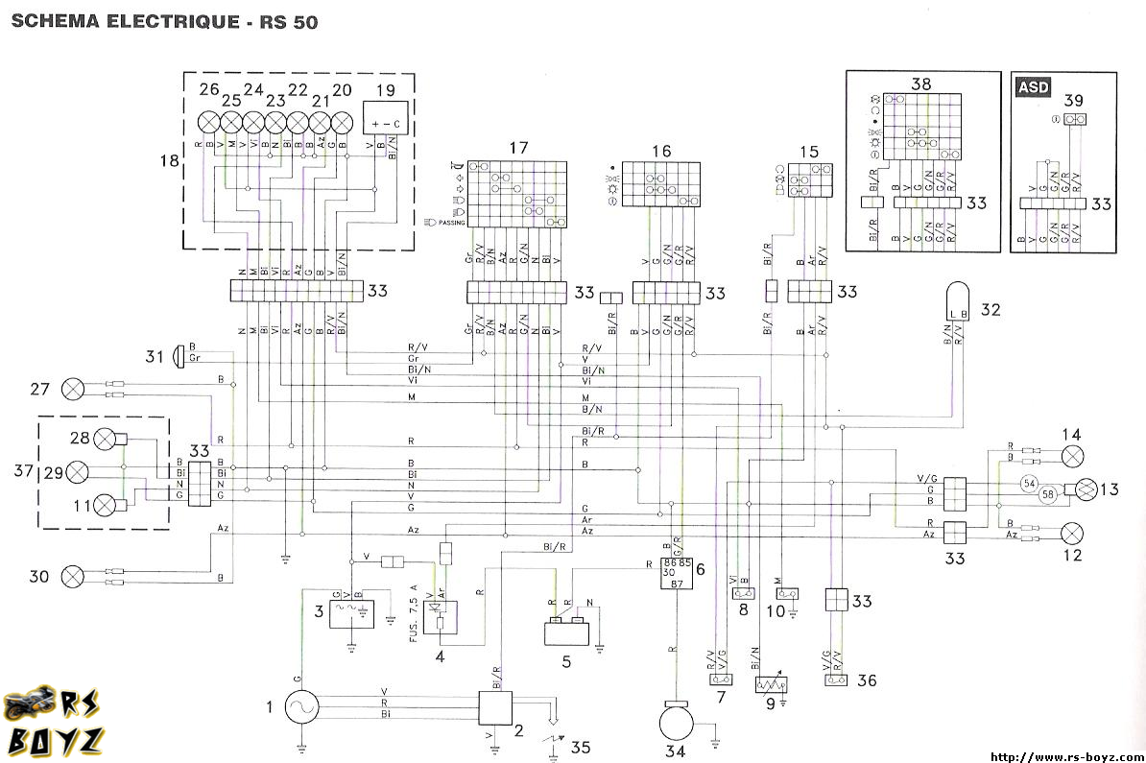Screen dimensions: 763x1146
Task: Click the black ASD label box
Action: pyautogui.click(x=1034, y=87)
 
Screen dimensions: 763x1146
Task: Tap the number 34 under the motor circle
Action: pyautogui.click(x=676, y=751)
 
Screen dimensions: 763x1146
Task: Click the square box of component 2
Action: pyautogui.click(x=496, y=708)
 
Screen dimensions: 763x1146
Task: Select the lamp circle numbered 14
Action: pyautogui.click(x=1072, y=455)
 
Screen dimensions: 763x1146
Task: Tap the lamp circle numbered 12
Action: pyautogui.click(x=1072, y=531)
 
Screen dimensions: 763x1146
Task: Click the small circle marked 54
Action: pyautogui.click(x=1029, y=483)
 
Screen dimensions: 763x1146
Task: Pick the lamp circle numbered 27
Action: pyautogui.click(x=73, y=389)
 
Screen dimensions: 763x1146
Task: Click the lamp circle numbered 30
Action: pyautogui.click(x=73, y=577)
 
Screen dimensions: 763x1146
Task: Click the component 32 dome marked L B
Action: pyautogui.click(x=958, y=300)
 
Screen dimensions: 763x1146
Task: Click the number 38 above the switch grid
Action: pyautogui.click(x=920, y=84)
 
